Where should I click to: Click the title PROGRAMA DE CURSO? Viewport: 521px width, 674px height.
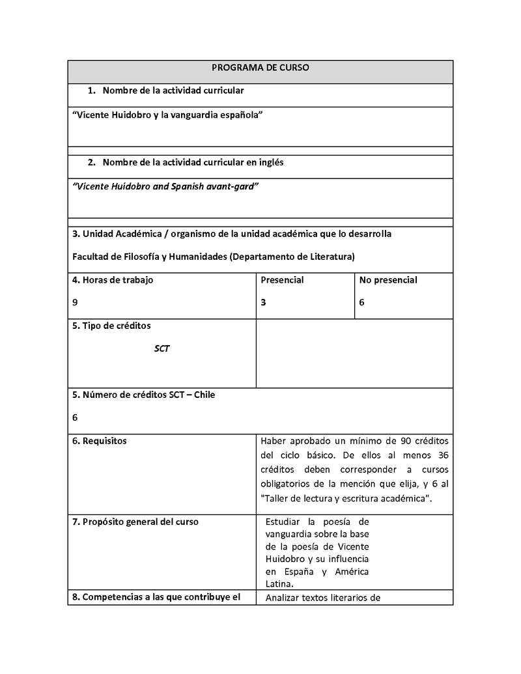[x=260, y=68]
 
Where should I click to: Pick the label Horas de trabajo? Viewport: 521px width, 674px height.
[x=117, y=280]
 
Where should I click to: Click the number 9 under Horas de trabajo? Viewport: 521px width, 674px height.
[x=75, y=302]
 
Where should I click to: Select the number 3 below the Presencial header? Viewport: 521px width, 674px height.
[x=263, y=302]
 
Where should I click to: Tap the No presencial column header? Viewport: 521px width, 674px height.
[x=388, y=280]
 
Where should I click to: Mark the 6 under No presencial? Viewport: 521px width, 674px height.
[x=361, y=302]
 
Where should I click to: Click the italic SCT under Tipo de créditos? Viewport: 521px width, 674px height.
[x=162, y=349]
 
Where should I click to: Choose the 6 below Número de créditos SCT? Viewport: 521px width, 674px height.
[x=75, y=417]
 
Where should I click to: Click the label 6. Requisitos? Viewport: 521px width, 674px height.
[x=100, y=441]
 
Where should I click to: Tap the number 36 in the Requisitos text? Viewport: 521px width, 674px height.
[x=442, y=455]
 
